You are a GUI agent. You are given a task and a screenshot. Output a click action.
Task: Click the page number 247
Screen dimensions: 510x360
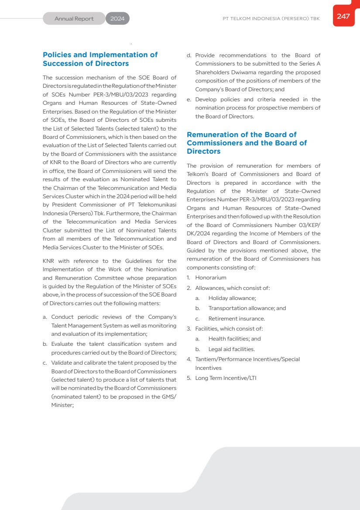343,17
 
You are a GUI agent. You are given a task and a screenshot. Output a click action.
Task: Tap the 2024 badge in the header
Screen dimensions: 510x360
117,19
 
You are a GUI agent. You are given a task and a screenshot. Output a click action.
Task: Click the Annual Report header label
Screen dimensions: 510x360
74,19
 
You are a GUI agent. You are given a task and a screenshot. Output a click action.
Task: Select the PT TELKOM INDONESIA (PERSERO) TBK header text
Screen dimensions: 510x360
271,19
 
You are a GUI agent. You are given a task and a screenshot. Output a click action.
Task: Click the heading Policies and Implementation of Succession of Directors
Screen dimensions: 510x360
100,59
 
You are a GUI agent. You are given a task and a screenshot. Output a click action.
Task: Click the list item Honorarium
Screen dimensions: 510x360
211,278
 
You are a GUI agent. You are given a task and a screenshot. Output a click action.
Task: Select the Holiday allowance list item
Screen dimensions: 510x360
232,298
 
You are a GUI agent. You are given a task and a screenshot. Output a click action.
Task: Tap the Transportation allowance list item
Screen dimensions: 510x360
247,308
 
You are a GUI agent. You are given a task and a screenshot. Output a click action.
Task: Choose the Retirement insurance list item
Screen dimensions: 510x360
237,319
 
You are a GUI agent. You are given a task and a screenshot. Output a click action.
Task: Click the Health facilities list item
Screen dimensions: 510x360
234,339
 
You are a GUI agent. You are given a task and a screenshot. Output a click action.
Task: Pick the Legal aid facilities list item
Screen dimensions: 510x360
231,349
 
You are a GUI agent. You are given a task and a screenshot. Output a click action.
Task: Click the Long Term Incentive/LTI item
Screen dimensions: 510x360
226,378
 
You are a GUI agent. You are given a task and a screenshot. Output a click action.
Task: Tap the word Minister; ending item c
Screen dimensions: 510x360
62,405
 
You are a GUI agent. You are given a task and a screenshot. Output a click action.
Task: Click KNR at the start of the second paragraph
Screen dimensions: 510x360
49,261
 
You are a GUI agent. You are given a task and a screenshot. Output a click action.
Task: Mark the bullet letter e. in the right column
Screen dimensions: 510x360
189,100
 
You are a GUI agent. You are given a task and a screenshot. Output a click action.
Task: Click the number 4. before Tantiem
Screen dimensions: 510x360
189,359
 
